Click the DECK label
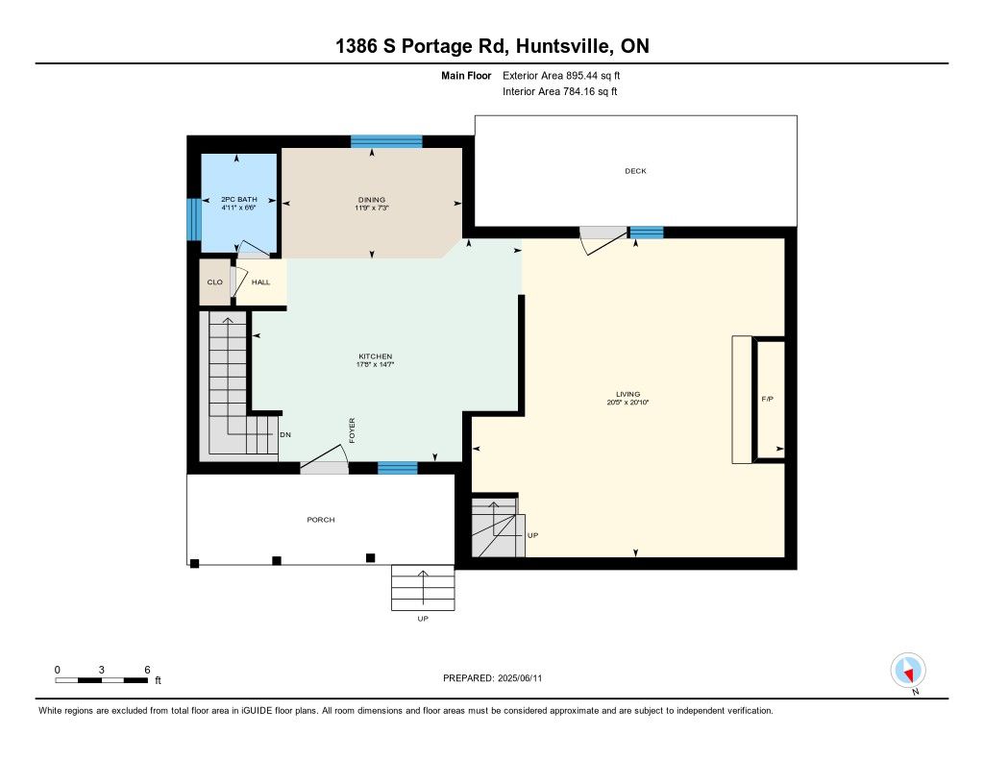[635, 171]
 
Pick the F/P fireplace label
[768, 399]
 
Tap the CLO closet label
[214, 282]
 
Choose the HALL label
[260, 282]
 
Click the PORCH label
[321, 520]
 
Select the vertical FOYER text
[352, 430]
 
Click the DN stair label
[285, 435]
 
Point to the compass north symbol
[908, 671]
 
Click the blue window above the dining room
[386, 141]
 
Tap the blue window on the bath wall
[194, 219]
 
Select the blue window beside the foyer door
[397, 468]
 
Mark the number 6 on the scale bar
[147, 670]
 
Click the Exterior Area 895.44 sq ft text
[561, 75]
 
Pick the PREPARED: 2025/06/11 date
[493, 678]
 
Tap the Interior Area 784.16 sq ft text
[560, 91]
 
